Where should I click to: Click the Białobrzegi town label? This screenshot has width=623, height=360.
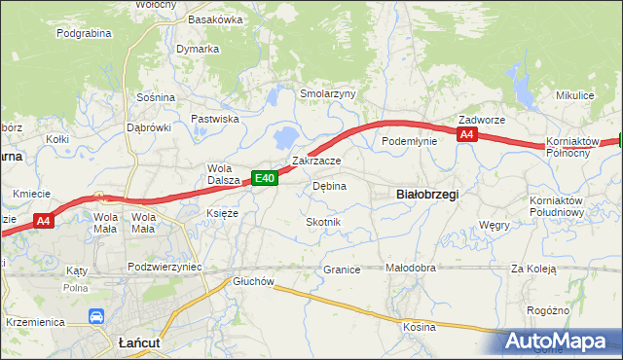[x=428, y=194]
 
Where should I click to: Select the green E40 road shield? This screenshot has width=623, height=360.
[x=265, y=177]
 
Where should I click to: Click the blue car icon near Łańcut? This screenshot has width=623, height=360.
[x=96, y=316]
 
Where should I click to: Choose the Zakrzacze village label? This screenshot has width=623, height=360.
[x=316, y=161]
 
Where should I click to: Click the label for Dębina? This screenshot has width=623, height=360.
[x=329, y=185]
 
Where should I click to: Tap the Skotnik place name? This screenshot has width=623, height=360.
[x=323, y=222]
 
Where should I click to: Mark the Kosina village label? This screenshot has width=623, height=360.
[x=420, y=327]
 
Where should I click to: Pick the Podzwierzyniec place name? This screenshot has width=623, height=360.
[x=164, y=267]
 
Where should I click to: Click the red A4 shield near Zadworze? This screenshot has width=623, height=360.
[x=467, y=135]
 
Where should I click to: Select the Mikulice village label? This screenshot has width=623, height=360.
[x=574, y=95]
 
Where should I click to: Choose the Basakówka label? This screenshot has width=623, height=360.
[x=215, y=18]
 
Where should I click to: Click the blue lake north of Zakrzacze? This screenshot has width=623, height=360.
[x=287, y=136]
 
